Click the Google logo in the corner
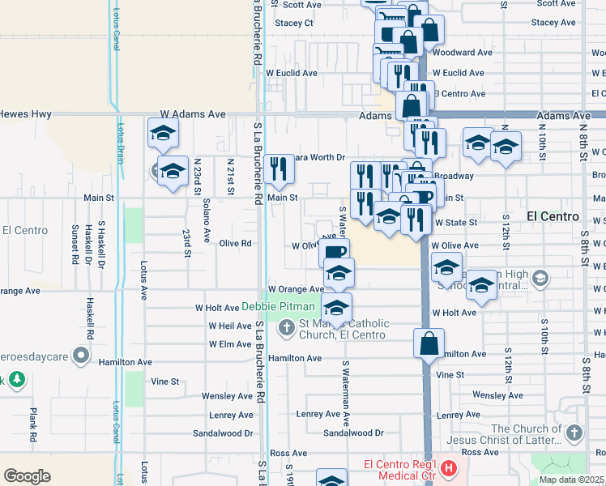point(27,475)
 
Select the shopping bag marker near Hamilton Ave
point(429,343)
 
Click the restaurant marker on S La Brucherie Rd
point(279,169)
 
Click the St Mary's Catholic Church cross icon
point(286,328)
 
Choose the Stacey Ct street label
point(293,23)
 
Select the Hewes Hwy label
point(19,115)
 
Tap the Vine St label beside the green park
point(164,380)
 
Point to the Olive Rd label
point(234,243)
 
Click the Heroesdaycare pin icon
point(81,355)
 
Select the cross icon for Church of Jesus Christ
point(574,433)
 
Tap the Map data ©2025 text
point(572,480)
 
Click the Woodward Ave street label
point(463,53)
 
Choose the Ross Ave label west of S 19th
point(288,453)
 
